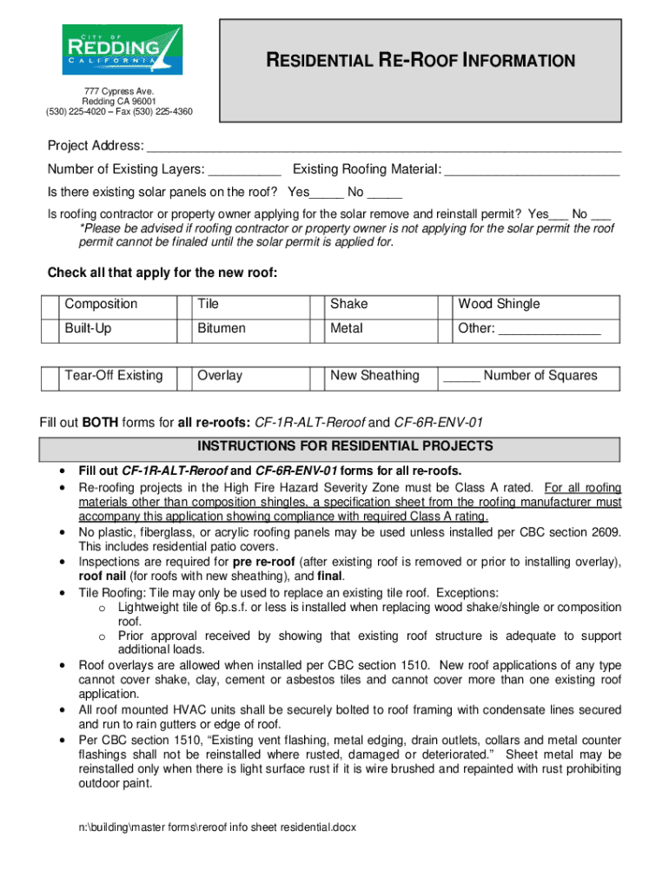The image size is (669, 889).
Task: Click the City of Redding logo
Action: pos(121,50)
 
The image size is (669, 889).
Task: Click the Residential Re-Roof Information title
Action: pos(420,61)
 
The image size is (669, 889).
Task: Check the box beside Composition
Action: pos(50,305)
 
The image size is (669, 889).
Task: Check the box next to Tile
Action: pos(183,305)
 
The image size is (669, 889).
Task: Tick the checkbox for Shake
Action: pos(316,305)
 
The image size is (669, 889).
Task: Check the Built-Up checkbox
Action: pos(50,330)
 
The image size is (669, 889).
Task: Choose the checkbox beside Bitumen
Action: pos(183,330)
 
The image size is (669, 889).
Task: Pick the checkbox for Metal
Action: pos(316,330)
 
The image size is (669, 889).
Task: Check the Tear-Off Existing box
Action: pos(50,377)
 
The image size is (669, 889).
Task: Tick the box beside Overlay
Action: pos(183,377)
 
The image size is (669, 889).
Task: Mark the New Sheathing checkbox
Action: pos(316,377)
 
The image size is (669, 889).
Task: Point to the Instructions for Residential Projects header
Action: pos(334,447)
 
